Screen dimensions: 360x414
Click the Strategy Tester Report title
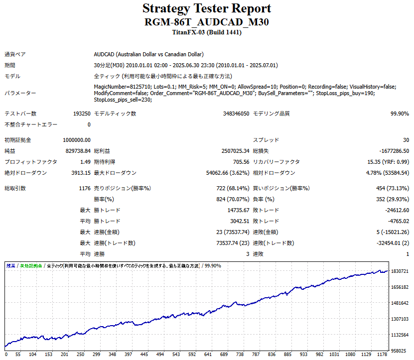(207, 8)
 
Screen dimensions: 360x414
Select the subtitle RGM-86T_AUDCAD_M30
(207, 22)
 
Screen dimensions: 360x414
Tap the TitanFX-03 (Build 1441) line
(207, 32)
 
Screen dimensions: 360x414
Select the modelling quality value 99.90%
(400, 114)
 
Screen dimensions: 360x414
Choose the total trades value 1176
(84, 189)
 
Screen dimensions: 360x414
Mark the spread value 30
(406, 140)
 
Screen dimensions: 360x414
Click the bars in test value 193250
(82, 114)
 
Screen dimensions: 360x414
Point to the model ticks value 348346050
(236, 114)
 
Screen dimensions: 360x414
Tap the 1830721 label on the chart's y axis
(401, 271)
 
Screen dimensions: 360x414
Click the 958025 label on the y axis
(400, 351)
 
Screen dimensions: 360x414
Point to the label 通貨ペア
(15, 54)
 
